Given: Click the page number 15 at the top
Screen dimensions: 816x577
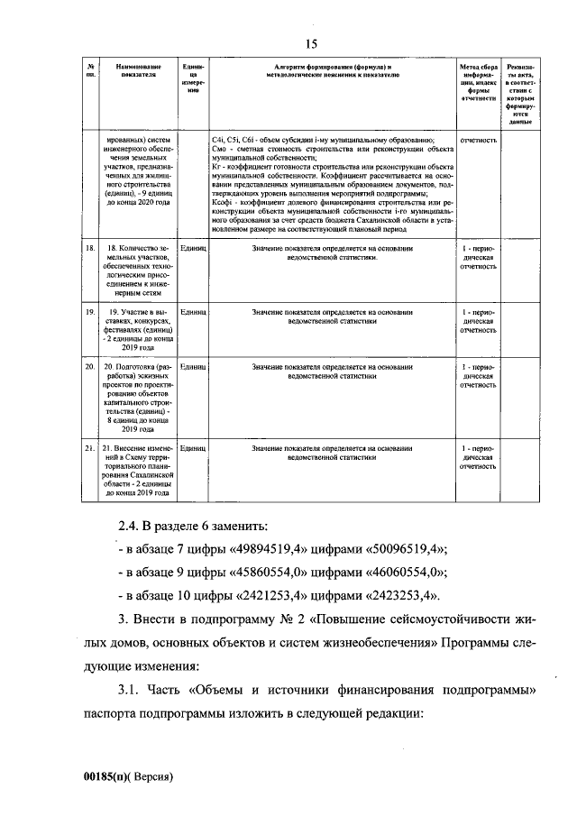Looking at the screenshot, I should point(311,44).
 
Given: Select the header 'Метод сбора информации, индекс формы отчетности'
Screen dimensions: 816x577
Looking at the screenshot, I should point(478,82).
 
